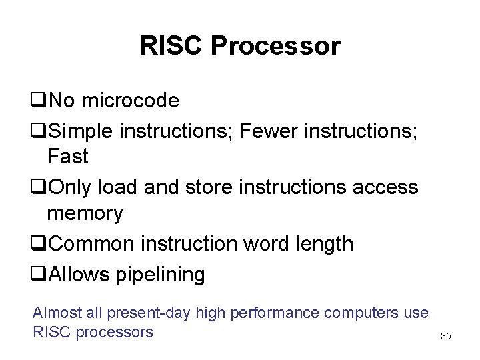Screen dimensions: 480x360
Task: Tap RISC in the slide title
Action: click(172, 46)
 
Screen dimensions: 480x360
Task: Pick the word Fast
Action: click(67, 157)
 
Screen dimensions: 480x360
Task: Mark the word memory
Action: click(85, 215)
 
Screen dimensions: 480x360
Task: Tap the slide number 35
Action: click(446, 336)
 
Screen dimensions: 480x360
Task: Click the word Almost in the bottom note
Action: click(57, 312)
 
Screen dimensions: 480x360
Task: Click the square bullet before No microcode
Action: click(38, 101)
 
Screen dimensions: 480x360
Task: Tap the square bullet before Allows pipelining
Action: click(38, 274)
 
